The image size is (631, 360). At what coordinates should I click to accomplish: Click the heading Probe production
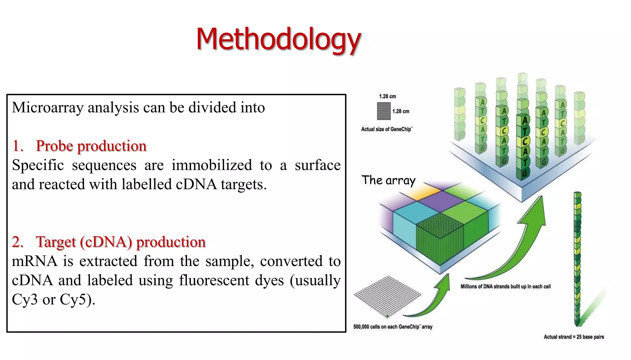click(91, 146)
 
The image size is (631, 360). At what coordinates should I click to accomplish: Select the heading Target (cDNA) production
click(120, 242)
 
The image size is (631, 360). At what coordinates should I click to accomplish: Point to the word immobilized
click(212, 165)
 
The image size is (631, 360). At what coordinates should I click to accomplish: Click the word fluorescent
click(214, 280)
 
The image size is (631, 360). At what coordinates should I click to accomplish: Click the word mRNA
click(35, 261)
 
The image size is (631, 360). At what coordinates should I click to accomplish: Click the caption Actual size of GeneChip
click(386, 129)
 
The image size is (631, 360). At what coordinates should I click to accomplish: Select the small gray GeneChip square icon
click(384, 111)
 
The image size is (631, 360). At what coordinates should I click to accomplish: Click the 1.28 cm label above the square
click(387, 96)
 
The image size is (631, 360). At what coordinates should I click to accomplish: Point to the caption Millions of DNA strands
click(505, 286)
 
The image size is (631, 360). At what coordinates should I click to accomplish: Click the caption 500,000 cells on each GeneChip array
click(393, 327)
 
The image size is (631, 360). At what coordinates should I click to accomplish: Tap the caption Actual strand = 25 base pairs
click(574, 337)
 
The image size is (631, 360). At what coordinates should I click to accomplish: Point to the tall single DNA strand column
click(577, 259)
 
